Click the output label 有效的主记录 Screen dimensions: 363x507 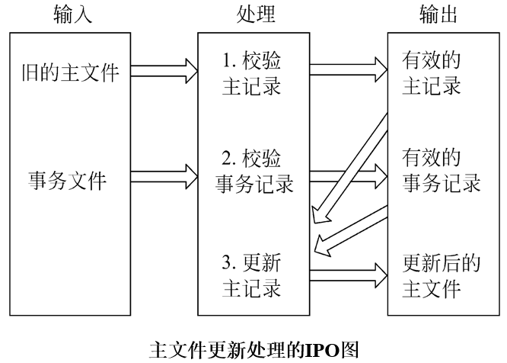(432, 72)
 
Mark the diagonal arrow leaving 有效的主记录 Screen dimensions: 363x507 (352, 162)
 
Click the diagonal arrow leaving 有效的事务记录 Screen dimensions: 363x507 (352, 230)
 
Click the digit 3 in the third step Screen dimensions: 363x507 (225, 265)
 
